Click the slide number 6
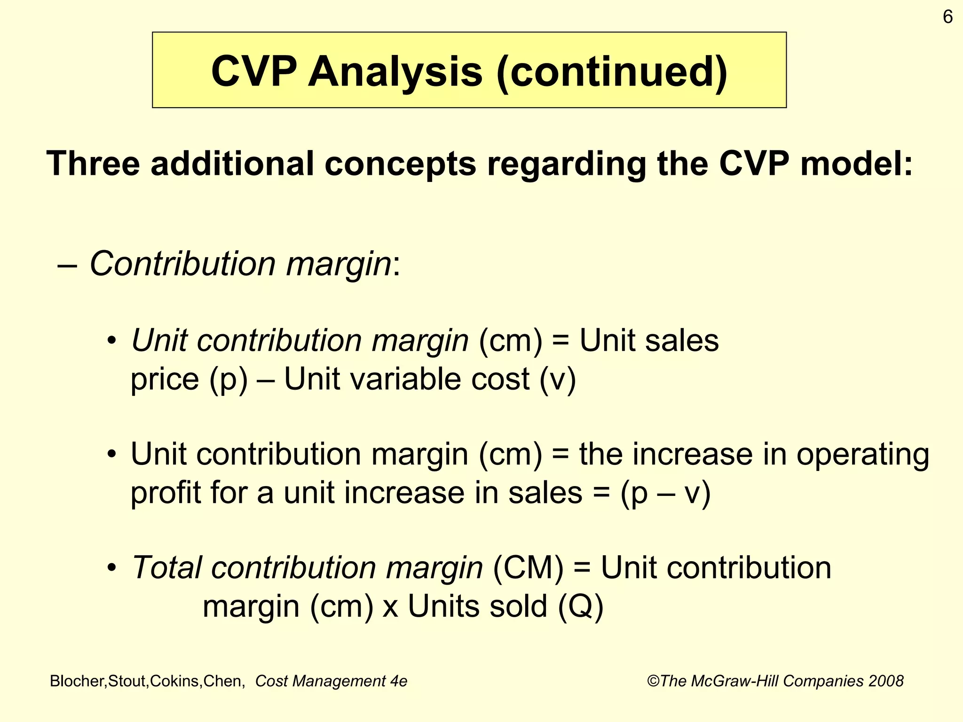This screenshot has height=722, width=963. pyautogui.click(x=947, y=17)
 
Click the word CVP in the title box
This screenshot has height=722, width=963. pyautogui.click(x=254, y=71)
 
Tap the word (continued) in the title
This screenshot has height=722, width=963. pyautogui.click(x=612, y=71)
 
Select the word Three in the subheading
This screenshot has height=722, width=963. pyautogui.click(x=93, y=164)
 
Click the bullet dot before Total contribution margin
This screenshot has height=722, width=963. pyautogui.click(x=111, y=568)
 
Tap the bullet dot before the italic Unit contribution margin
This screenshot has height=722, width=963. pyautogui.click(x=111, y=341)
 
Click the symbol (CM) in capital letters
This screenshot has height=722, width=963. pyautogui.click(x=528, y=568)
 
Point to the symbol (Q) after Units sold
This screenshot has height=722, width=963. pyautogui.click(x=581, y=606)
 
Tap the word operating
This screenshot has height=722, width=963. pyautogui.click(x=863, y=455)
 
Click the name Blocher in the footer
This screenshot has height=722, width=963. pyautogui.click(x=78, y=681)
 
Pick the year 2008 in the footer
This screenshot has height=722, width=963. pyautogui.click(x=886, y=681)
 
